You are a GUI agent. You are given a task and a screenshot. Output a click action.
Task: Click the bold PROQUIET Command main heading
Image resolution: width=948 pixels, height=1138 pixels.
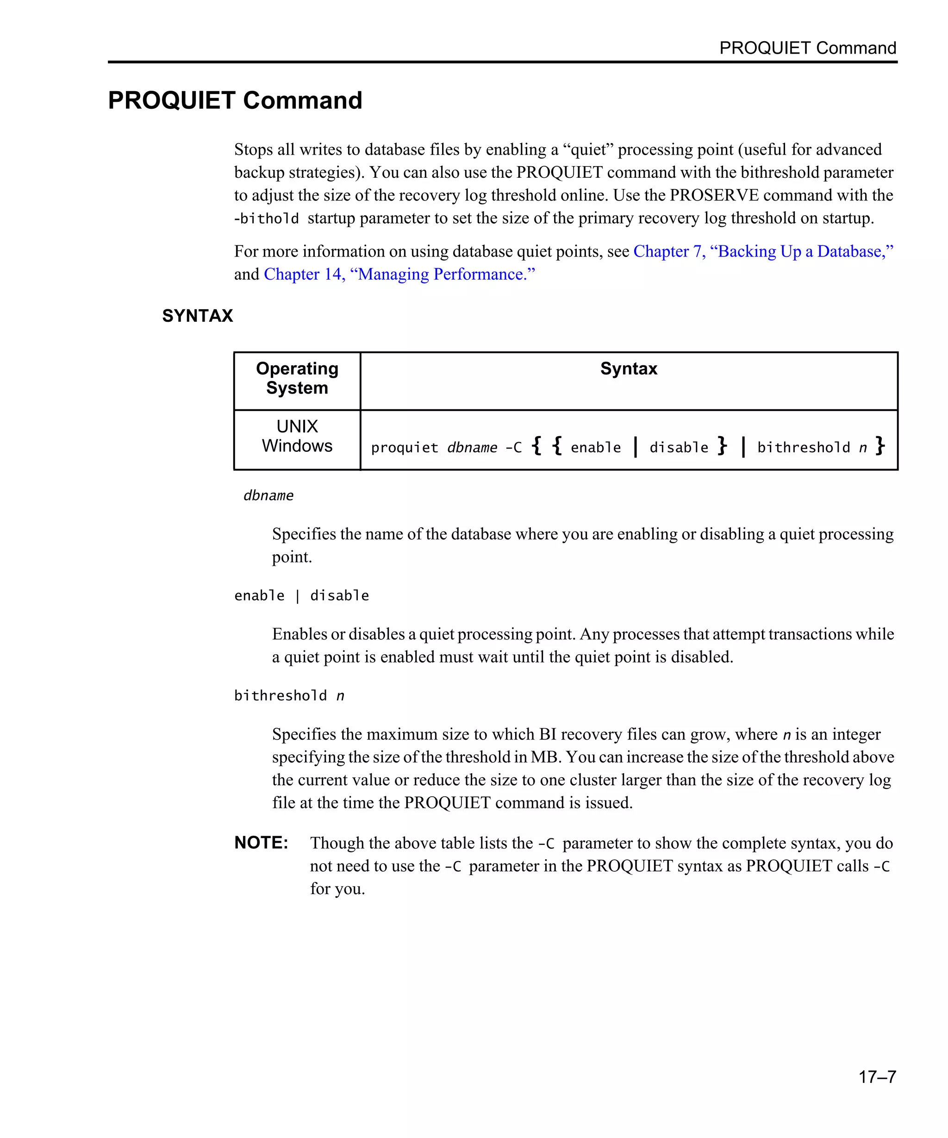[235, 100]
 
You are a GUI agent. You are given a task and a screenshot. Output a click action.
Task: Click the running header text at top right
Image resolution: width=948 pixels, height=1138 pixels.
[807, 48]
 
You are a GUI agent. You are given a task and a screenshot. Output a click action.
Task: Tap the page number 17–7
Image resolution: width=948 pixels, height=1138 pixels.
[877, 1076]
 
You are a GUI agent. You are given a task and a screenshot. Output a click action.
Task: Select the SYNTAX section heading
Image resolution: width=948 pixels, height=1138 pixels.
[197, 315]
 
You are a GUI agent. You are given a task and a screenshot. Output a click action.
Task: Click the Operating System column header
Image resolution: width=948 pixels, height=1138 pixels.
[297, 378]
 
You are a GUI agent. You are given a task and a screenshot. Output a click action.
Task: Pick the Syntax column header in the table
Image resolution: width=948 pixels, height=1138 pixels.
[629, 369]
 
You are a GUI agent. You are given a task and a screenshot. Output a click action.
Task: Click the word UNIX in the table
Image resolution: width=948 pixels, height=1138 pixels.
[297, 426]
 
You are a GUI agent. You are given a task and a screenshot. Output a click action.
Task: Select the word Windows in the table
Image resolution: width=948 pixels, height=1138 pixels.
[297, 445]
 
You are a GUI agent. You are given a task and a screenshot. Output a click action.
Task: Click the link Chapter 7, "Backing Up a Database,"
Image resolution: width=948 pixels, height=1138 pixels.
[763, 251]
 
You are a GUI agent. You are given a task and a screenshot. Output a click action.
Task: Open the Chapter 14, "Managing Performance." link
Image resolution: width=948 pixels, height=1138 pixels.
[399, 274]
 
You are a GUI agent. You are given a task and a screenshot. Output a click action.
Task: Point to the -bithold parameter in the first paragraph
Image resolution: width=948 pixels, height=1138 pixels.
[266, 219]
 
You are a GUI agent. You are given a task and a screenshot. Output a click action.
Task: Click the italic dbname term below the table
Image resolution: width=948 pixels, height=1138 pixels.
[268, 495]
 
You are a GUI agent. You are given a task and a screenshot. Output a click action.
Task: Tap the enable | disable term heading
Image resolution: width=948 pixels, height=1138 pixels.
[301, 595]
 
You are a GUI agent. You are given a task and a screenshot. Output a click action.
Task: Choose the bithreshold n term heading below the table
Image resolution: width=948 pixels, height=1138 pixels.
[289, 695]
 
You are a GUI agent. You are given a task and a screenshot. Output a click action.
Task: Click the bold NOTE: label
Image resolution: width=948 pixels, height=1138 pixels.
[261, 842]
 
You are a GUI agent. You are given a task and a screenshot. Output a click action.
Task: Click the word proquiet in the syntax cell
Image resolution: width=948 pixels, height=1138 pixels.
[404, 448]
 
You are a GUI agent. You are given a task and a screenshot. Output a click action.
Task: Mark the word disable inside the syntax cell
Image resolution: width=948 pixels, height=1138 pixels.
[678, 448]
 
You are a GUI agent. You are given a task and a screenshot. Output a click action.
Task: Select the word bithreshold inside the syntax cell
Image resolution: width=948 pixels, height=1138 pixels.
[804, 448]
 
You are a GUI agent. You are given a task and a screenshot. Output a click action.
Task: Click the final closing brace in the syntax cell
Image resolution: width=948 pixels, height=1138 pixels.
[880, 445]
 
